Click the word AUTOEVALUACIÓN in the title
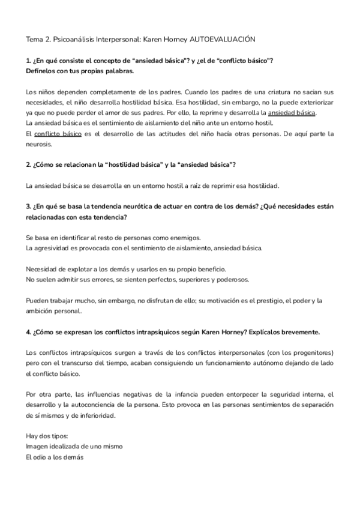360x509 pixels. click(x=223, y=39)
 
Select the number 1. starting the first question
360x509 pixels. click(x=28, y=61)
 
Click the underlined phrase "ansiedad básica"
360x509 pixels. click(x=292, y=112)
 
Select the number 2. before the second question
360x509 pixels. click(x=28, y=164)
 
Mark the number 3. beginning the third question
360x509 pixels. click(x=28, y=206)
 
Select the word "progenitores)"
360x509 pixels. click(x=311, y=352)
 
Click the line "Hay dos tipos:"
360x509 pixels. click(x=47, y=436)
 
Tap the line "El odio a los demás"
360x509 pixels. click(x=55, y=457)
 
